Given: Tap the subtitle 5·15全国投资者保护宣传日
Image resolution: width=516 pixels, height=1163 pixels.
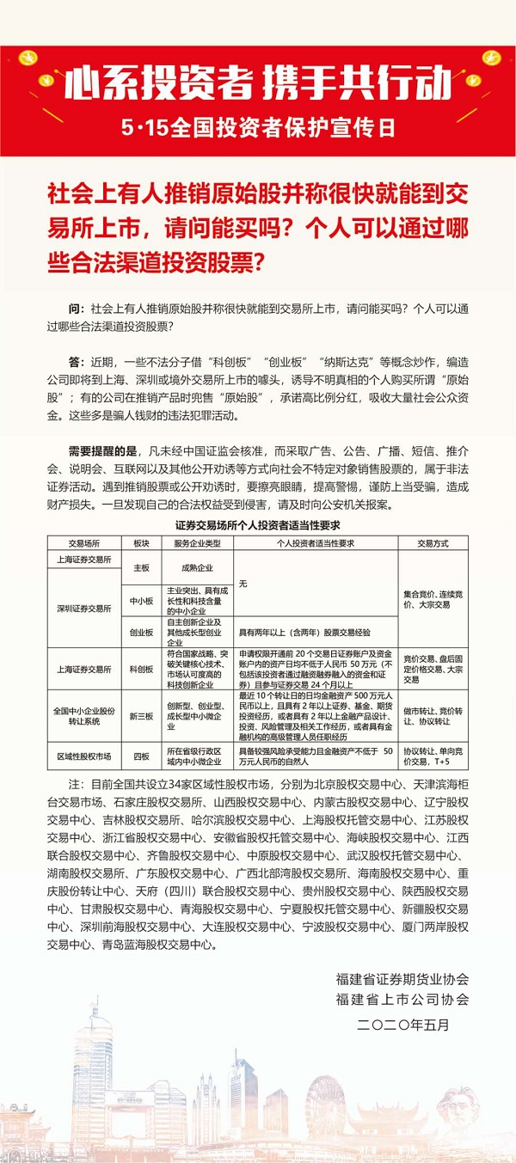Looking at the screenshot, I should pos(258,129).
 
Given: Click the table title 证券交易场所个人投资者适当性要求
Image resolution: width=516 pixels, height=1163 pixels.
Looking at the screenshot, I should pos(259,523).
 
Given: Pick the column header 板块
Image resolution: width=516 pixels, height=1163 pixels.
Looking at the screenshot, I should pos(141,543).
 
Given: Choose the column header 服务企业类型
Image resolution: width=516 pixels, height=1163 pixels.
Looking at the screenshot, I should pos(197,543).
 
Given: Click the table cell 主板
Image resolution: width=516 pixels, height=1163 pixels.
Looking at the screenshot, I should pos(141,568).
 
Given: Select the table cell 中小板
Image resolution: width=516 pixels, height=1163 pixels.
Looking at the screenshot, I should pos(141,601).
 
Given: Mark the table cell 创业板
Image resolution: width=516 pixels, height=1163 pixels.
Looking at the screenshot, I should pos(141,632).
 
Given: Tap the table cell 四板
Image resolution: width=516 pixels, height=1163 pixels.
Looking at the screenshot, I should pos(141,756).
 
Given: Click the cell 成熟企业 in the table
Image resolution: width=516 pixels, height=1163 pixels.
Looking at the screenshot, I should pos(197,568).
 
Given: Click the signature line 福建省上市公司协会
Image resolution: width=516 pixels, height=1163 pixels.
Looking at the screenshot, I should pos(403,999).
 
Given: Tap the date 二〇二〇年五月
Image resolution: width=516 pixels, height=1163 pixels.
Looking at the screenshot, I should pos(403,1025).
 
